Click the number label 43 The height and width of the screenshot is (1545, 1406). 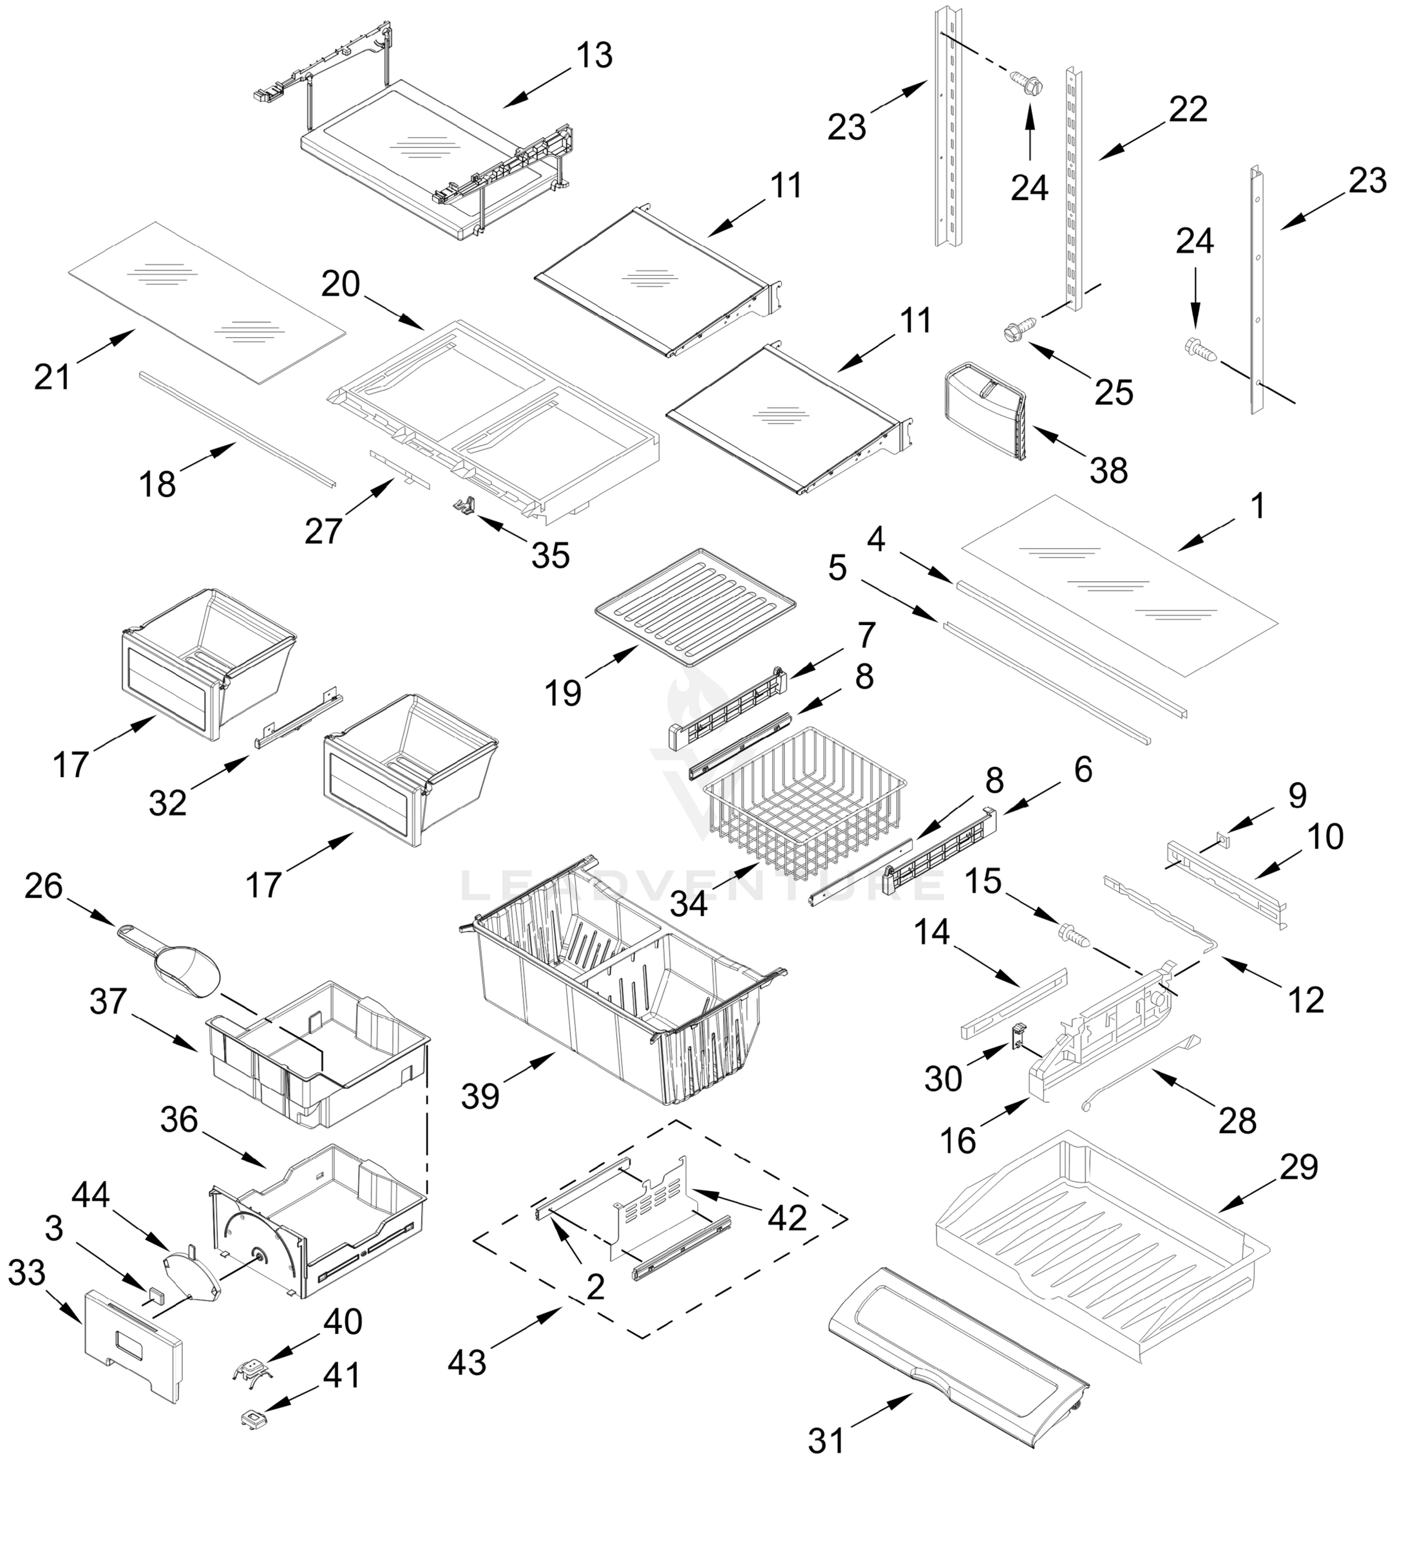pyautogui.click(x=467, y=1363)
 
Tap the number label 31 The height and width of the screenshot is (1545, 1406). pyautogui.click(x=827, y=1441)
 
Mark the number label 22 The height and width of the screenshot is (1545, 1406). pyautogui.click(x=1188, y=109)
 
